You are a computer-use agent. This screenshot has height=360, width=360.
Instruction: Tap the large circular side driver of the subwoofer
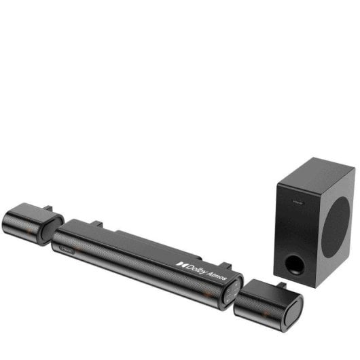[336, 228]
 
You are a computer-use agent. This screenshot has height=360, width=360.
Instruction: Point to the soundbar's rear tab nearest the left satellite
[97, 223]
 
